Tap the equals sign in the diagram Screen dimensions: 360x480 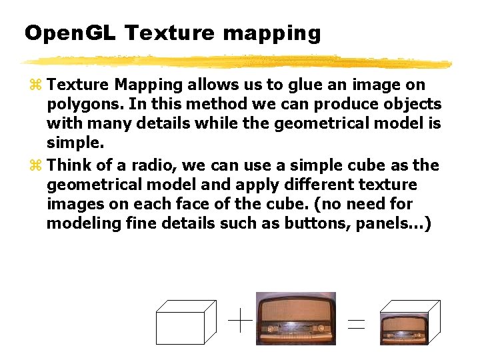tap(357, 325)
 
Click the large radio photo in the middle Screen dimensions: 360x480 tap(296, 319)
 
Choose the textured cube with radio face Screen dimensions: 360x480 tap(409, 323)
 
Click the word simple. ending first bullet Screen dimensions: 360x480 tap(75, 144)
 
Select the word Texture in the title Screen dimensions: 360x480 tap(170, 33)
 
